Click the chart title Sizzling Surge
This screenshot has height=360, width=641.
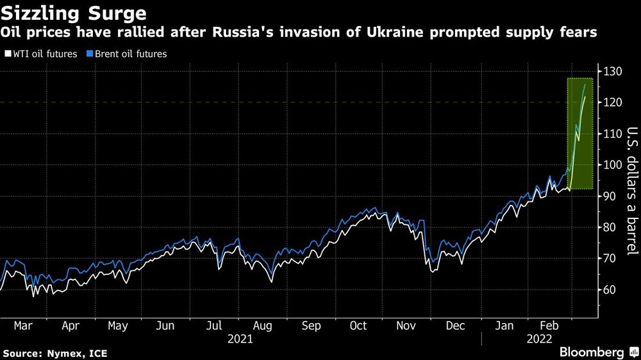tap(74, 13)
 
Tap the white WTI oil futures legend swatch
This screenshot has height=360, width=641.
tap(8, 54)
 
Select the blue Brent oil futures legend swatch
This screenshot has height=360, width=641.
tap(91, 54)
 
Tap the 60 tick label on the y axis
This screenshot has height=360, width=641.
tap(611, 290)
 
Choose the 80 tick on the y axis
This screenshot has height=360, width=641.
tap(611, 227)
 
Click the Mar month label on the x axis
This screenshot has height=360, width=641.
tap(23, 326)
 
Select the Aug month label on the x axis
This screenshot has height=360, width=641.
tap(261, 326)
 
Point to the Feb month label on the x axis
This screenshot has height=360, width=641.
tap(549, 326)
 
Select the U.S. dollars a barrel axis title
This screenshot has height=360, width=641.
tap(631, 189)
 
